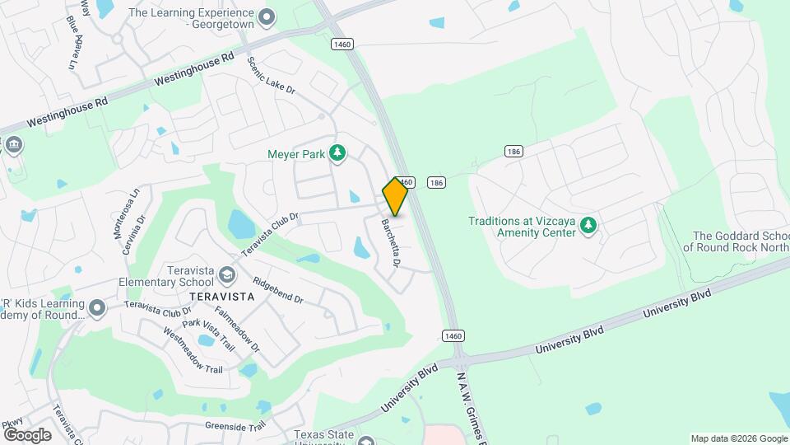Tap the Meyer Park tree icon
(337, 152)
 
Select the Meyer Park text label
(296, 153)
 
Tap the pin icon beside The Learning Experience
(266, 16)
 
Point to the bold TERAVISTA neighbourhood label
(218, 295)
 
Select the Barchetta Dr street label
(389, 242)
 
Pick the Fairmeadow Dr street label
(238, 328)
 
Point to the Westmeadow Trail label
(193, 349)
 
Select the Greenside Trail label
(235, 428)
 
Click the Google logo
(27, 434)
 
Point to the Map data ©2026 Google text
(738, 438)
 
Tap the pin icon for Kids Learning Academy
(98, 308)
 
